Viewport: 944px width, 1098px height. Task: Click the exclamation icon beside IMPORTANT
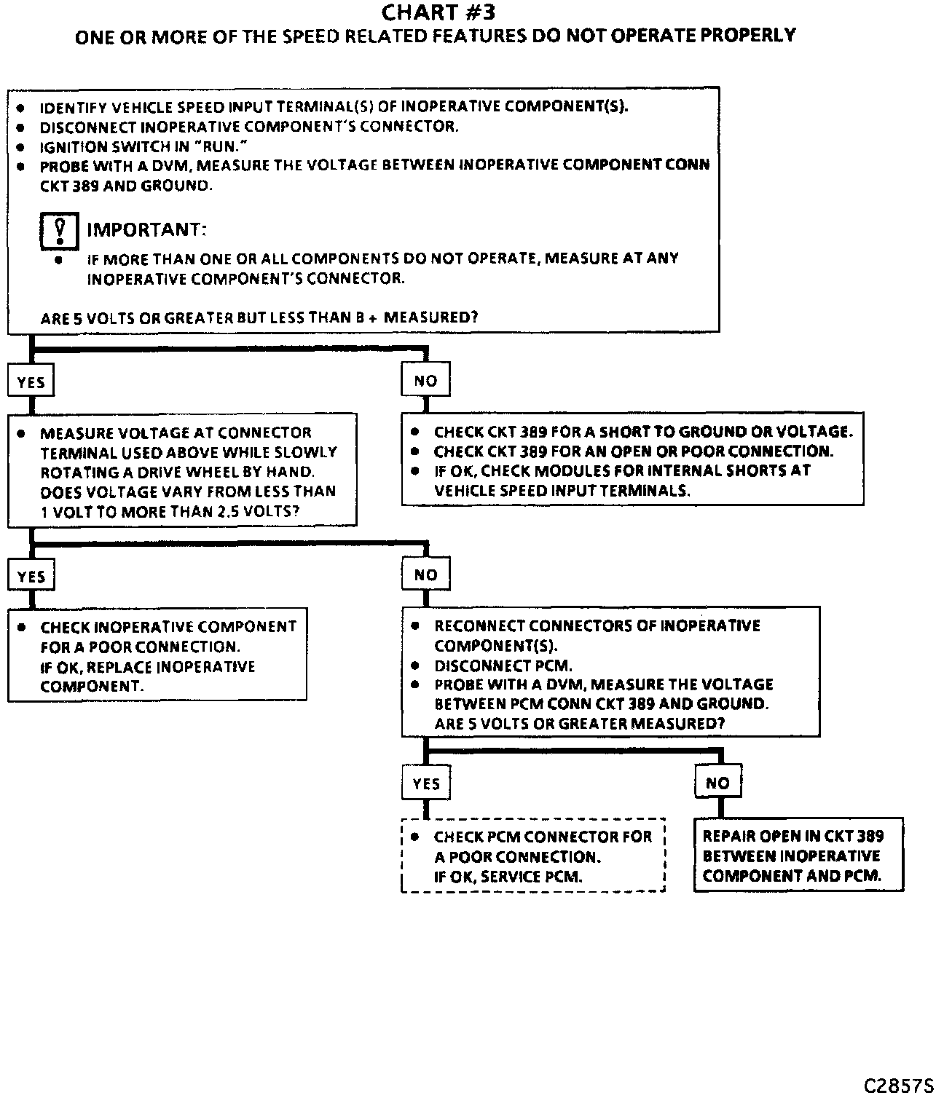click(59, 229)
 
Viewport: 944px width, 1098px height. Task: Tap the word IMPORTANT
click(146, 229)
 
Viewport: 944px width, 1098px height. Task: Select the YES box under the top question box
click(31, 382)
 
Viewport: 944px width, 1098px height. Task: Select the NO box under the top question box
click(425, 380)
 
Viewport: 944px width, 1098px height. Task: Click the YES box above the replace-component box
click(31, 576)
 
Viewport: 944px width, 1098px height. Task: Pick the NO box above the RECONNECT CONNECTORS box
click(425, 574)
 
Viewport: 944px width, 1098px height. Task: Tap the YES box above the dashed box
click(425, 783)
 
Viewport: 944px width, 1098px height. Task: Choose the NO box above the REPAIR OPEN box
click(717, 783)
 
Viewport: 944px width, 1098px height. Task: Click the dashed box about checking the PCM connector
click(532, 856)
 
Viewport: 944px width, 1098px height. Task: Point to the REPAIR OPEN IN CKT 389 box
click(798, 855)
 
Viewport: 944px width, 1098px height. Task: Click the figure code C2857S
click(898, 1085)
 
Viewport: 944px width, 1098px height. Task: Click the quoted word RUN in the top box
click(219, 146)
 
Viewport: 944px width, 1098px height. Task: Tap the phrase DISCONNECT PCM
click(503, 665)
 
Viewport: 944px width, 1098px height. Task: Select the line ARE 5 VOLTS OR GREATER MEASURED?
click(579, 723)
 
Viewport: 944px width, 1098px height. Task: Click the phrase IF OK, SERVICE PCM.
click(508, 876)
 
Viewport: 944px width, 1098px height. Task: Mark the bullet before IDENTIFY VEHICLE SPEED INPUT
click(22, 107)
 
